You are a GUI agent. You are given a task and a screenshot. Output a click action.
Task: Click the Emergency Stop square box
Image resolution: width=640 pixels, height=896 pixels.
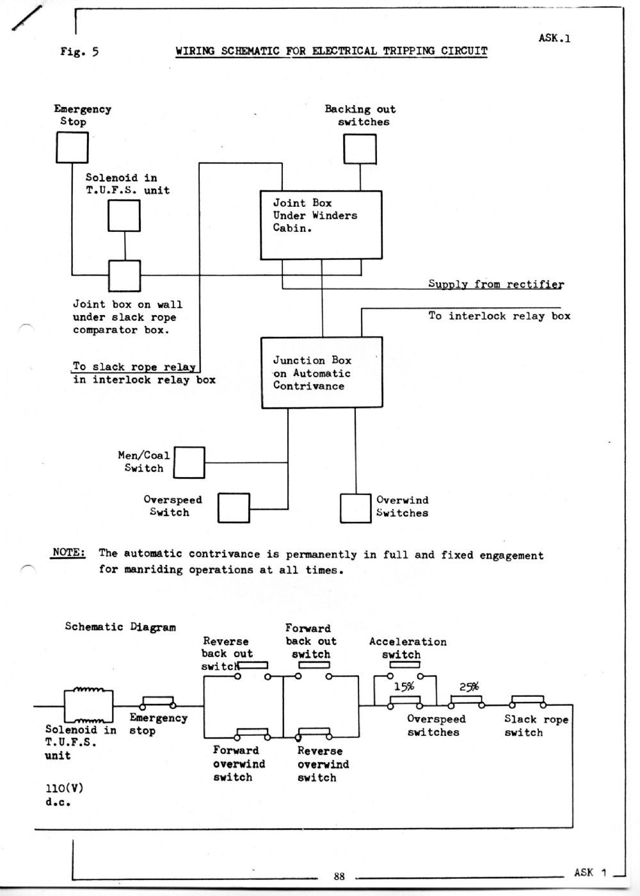point(72,147)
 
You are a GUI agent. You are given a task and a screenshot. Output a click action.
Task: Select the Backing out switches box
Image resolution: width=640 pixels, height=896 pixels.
point(360,149)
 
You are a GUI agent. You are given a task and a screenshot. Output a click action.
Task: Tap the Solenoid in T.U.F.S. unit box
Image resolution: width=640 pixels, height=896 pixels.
point(124,215)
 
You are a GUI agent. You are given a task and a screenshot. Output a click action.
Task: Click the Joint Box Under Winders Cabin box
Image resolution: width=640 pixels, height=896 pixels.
point(321,225)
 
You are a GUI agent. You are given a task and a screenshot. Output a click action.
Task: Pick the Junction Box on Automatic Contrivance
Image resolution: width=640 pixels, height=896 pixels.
point(322,373)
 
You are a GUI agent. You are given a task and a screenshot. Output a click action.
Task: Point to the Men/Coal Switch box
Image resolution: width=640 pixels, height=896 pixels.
point(189,462)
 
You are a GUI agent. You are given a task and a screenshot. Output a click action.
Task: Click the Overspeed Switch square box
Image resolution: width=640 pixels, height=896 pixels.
point(234,509)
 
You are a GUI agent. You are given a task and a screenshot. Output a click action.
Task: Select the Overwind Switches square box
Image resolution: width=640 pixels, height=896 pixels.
point(355,509)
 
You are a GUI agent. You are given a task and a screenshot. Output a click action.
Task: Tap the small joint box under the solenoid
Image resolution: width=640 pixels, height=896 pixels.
point(124,276)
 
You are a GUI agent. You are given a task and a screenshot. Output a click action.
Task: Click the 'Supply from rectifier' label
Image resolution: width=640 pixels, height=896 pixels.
point(496,284)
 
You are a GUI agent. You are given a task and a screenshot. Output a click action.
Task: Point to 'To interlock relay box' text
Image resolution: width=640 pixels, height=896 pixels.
point(499,316)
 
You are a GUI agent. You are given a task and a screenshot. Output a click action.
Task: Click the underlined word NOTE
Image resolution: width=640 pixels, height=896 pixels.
point(68,553)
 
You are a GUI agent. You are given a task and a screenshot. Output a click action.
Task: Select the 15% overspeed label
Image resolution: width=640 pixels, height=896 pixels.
point(404,687)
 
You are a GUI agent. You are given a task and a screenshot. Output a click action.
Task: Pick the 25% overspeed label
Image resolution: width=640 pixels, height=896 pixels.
point(469,687)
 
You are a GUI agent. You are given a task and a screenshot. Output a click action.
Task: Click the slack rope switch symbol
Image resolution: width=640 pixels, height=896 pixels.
point(527,701)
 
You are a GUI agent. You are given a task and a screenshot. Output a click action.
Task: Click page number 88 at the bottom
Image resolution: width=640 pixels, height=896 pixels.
point(339,877)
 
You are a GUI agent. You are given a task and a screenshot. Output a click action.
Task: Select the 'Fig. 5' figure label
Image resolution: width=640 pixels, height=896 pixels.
point(79,52)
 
